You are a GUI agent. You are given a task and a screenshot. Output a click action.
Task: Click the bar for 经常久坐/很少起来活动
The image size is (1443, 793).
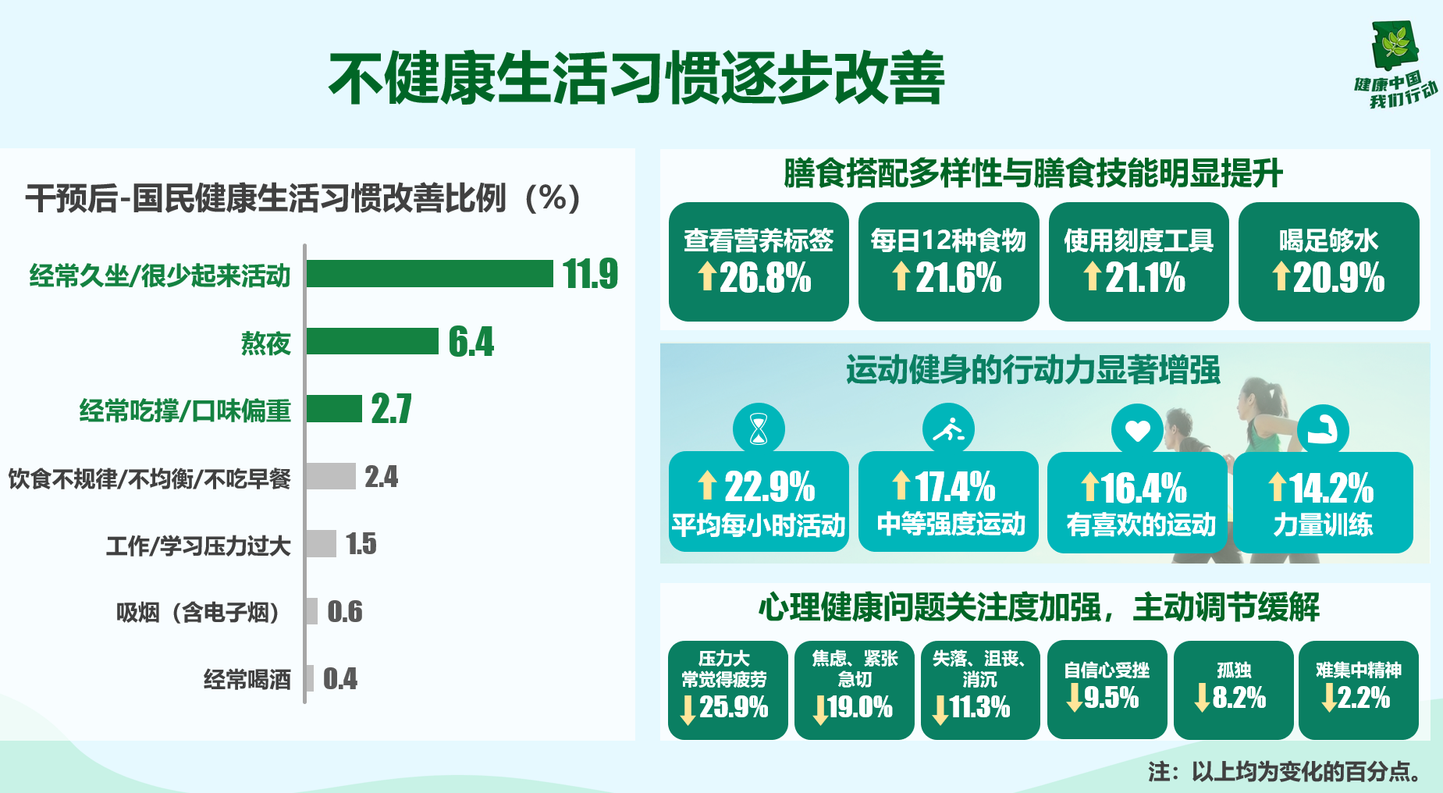429,274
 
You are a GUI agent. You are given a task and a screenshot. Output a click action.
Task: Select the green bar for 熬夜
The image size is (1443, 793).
372,342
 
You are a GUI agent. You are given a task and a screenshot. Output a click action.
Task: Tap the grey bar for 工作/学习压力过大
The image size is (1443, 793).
321,543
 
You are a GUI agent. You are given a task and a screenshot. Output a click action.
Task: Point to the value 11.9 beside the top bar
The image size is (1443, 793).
590,274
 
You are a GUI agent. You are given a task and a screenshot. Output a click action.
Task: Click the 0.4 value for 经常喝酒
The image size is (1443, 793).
340,679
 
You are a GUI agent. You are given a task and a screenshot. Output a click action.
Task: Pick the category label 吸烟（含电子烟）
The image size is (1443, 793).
198,612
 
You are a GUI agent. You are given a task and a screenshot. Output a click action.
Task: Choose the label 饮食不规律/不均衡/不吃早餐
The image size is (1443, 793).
149,478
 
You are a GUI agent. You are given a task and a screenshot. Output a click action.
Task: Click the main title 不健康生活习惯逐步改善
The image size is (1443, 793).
636,78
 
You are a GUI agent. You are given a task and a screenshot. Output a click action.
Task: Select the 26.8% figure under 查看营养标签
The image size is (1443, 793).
765,278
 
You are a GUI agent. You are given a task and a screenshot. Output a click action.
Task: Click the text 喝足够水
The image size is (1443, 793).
1328,240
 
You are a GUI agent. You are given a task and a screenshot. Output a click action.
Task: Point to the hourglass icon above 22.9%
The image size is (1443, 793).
759,429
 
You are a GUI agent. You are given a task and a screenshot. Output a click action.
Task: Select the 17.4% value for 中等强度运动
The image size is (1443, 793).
955,487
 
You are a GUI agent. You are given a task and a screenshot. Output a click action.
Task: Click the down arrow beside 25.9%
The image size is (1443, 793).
688,709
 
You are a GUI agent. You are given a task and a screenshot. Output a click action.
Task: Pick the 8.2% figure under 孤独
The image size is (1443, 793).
1239,698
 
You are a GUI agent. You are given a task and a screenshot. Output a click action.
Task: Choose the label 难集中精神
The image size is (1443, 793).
1359,670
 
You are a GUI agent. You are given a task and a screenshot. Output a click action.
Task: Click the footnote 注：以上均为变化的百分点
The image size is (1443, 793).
1284,771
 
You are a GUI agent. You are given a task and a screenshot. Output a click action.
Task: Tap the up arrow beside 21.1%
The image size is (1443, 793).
1093,276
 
